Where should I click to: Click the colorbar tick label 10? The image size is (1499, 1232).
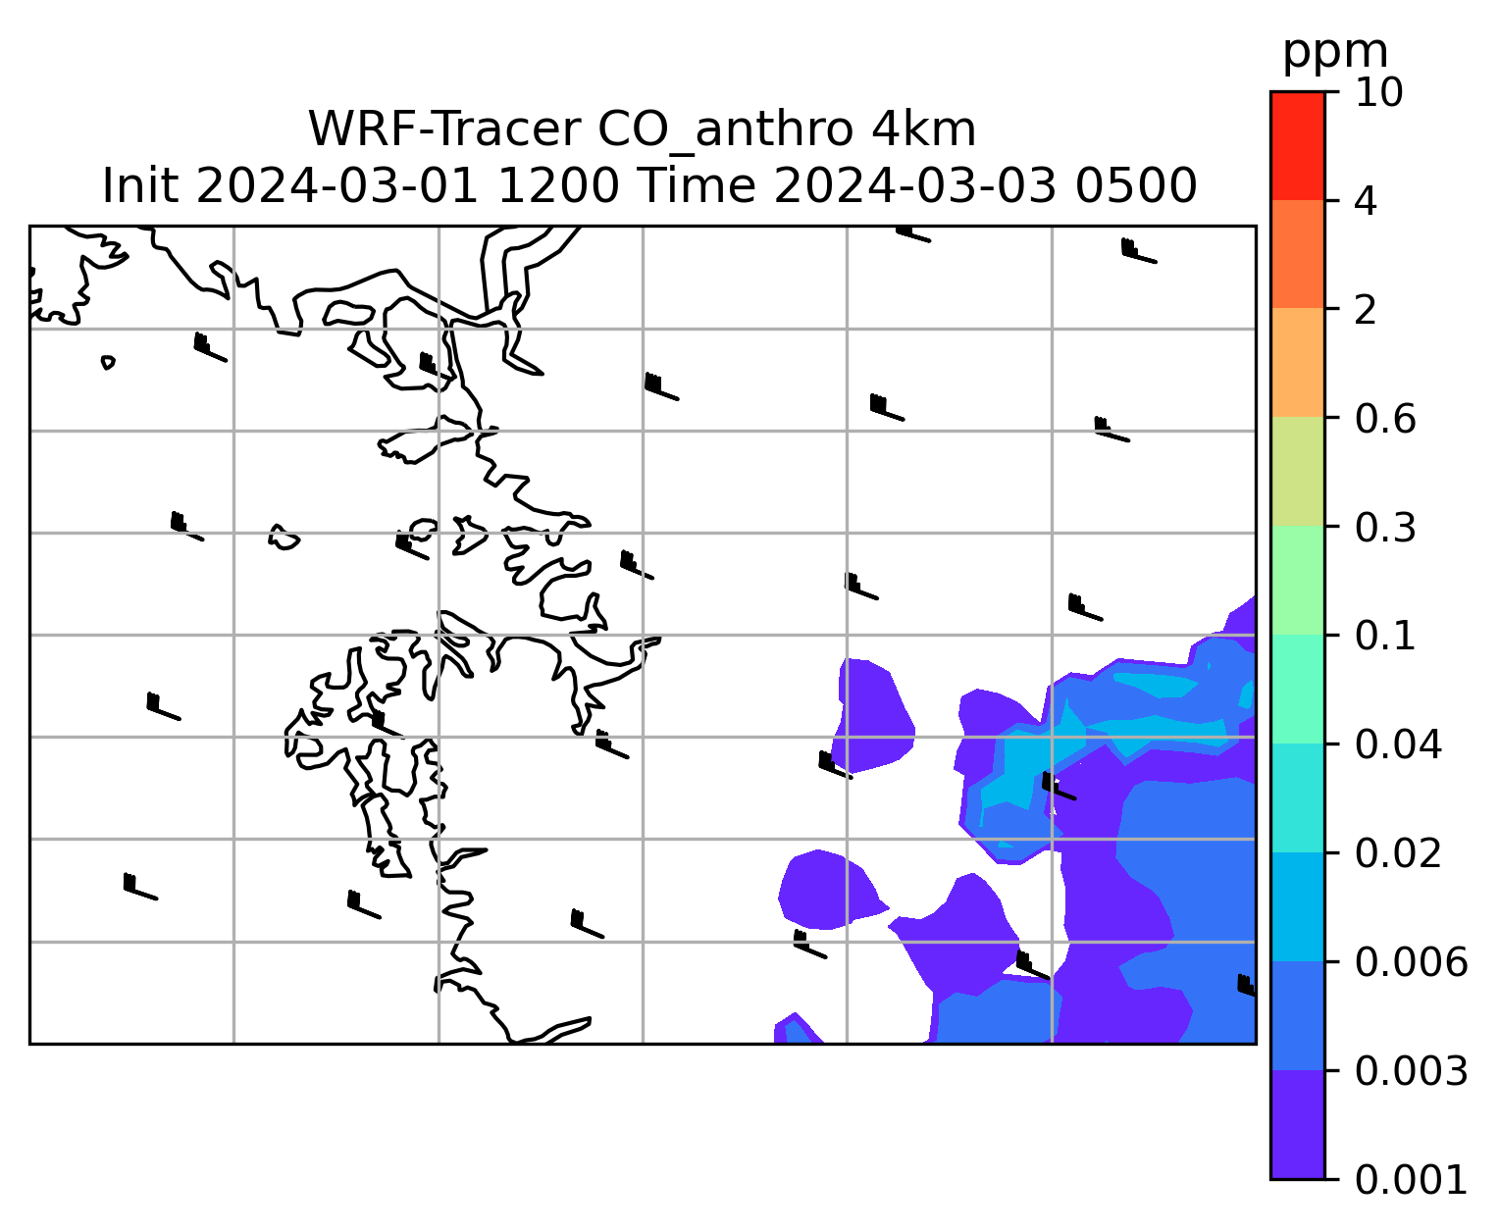[x=1378, y=93]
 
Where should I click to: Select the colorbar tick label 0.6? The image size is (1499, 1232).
[x=1384, y=419]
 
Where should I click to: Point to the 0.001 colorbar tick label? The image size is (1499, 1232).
[x=1411, y=1180]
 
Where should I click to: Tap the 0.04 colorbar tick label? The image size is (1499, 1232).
[x=1398, y=745]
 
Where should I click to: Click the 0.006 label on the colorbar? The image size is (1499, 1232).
[x=1411, y=962]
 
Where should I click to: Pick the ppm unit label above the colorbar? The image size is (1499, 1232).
[x=1335, y=53]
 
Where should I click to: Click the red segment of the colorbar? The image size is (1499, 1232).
[x=1297, y=145]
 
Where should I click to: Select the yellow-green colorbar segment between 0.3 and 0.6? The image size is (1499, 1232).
[x=1297, y=471]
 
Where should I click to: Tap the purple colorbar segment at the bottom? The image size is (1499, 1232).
[x=1297, y=1125]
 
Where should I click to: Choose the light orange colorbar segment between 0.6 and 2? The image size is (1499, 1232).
[x=1297, y=362]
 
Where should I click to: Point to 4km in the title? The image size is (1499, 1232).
[x=924, y=130]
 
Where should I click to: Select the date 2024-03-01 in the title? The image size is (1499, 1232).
[x=336, y=186]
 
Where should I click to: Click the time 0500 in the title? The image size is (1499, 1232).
[x=1136, y=186]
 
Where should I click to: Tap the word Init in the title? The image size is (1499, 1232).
[x=140, y=186]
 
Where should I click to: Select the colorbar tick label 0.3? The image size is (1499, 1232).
[x=1384, y=528]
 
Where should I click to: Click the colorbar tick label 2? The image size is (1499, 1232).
[x=1366, y=311]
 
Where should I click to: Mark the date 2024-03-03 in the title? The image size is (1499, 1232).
[x=915, y=186]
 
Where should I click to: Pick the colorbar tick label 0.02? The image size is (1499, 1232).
[x=1398, y=854]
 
